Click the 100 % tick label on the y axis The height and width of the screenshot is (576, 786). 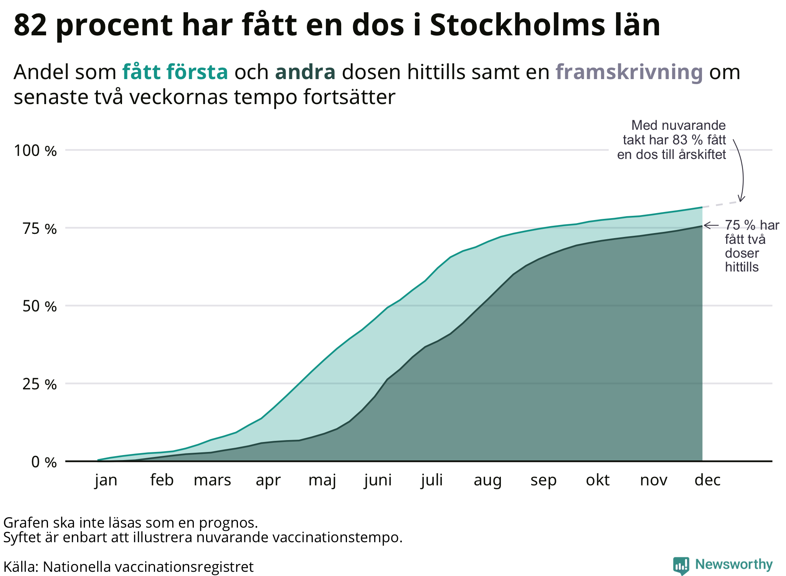pos(35,151)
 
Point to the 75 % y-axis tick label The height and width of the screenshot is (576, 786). pos(40,229)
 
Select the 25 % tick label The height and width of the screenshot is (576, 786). pos(40,384)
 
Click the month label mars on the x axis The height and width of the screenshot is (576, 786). pos(212,480)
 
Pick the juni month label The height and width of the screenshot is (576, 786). pos(378,480)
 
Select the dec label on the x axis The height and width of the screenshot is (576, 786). pos(707,480)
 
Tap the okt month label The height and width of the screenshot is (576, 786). pos(598,480)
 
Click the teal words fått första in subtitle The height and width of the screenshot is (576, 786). pos(175,72)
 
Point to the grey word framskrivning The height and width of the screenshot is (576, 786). pos(629,72)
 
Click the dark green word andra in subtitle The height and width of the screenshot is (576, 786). pos(305,72)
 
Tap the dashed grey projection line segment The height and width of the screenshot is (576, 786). pos(721,204)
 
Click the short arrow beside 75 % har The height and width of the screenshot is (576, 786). pos(711,225)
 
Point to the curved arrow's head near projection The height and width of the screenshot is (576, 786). pos(741,199)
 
